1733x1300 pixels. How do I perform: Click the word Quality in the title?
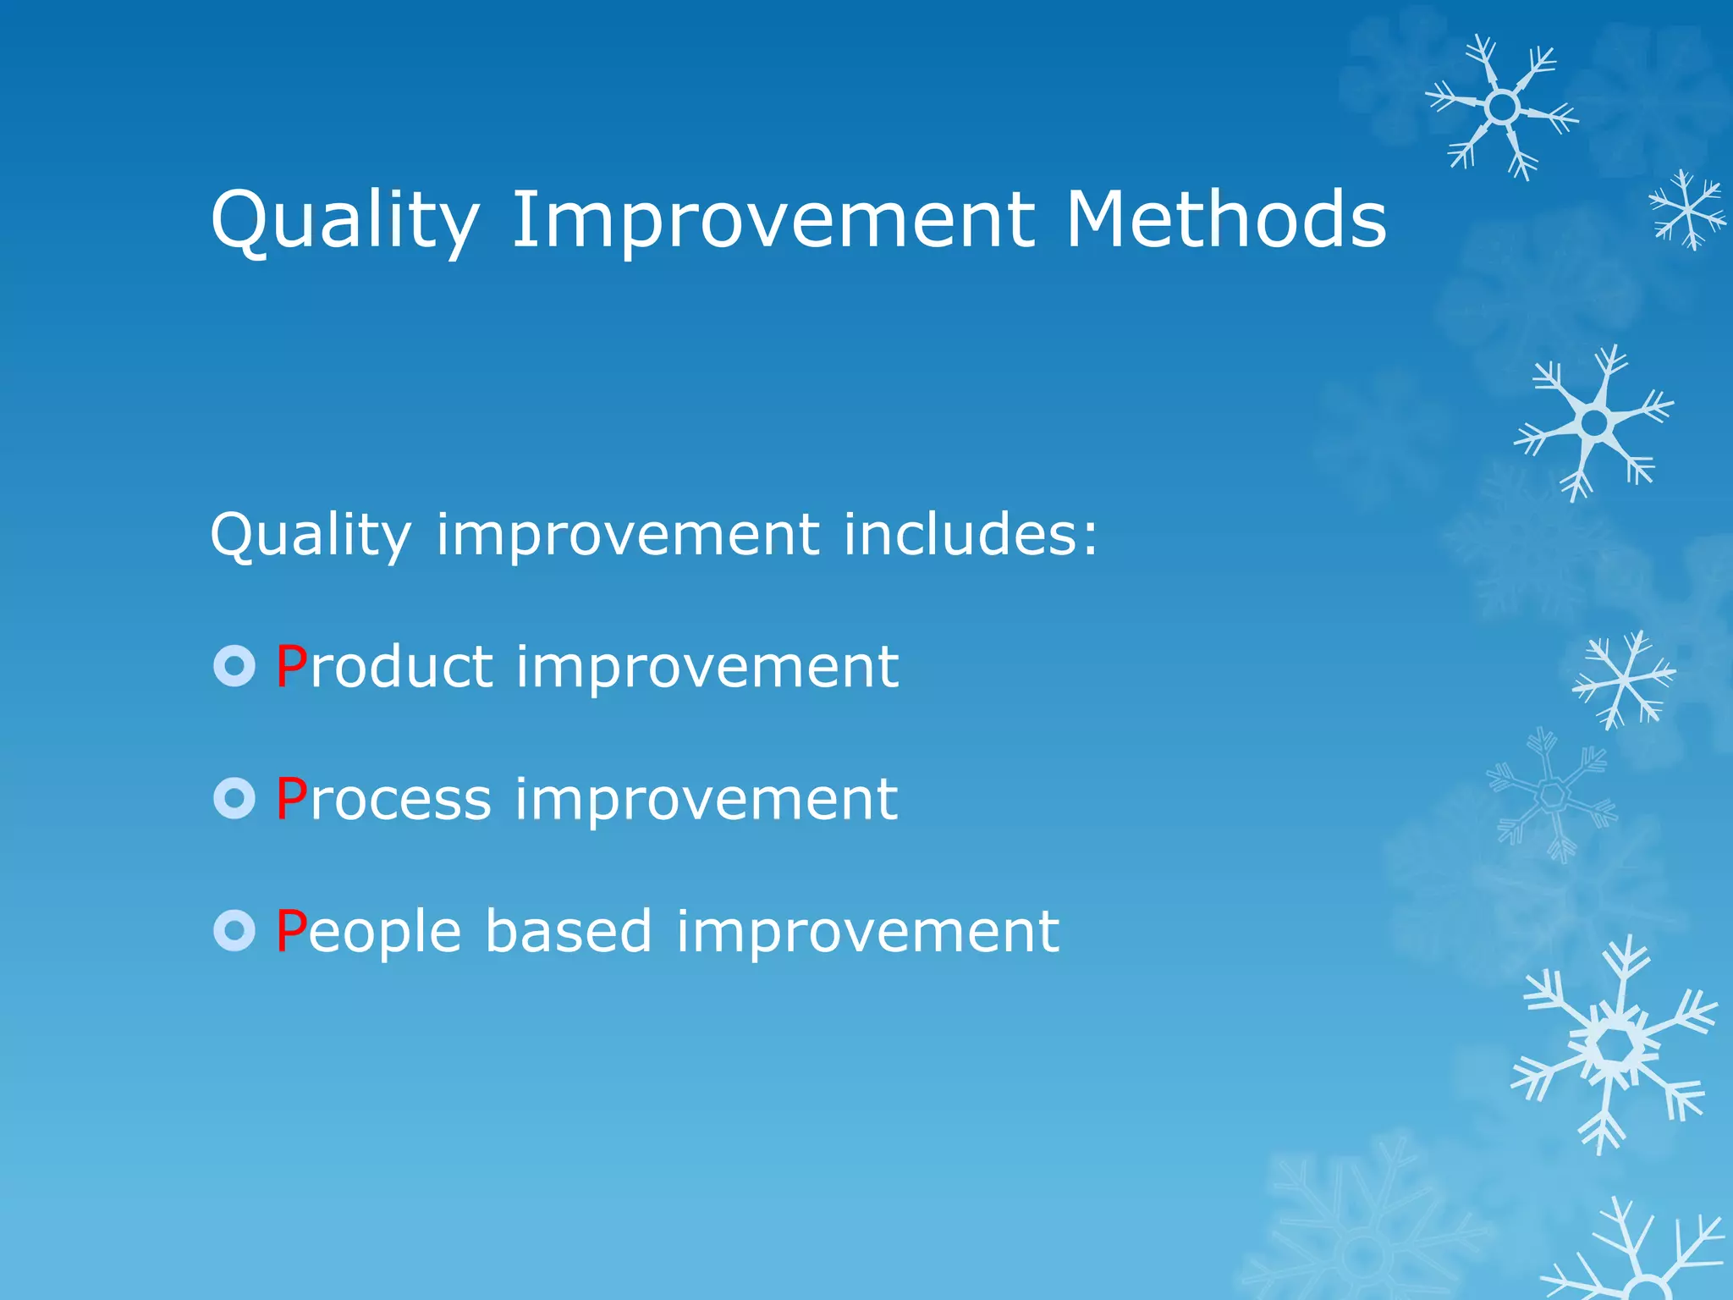(345, 220)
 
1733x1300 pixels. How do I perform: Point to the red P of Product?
(291, 667)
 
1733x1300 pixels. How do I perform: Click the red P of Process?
(291, 799)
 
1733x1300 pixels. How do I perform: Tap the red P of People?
(291, 931)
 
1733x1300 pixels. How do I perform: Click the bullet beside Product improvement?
(234, 666)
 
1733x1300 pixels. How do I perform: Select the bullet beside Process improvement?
(234, 798)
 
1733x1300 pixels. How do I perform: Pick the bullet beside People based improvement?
(234, 931)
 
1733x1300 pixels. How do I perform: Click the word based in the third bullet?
(569, 931)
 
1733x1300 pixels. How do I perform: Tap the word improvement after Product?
(707, 669)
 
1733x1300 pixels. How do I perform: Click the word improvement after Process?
(706, 801)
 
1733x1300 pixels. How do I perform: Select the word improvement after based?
(867, 933)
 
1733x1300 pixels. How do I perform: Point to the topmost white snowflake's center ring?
(1502, 107)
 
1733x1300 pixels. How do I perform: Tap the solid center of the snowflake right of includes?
(1594, 422)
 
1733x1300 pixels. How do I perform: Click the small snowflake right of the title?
(1687, 209)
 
